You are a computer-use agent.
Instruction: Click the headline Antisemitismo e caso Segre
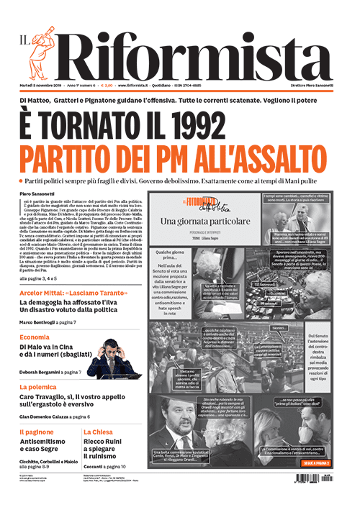tap(46, 447)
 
